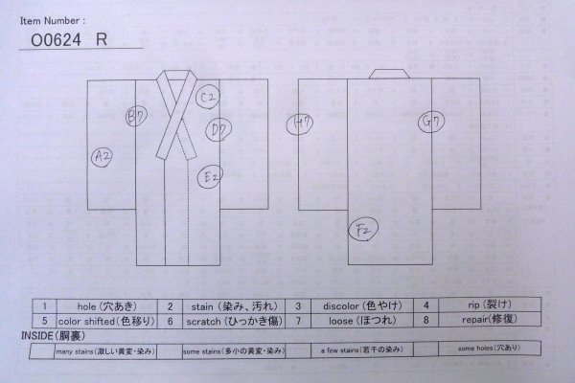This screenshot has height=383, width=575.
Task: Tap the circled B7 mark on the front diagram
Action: [136, 116]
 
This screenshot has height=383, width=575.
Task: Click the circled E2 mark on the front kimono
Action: [211, 175]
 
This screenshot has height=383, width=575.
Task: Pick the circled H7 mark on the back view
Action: [301, 124]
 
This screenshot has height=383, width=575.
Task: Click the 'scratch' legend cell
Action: [216, 321]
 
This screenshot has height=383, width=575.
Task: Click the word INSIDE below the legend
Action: [37, 337]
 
